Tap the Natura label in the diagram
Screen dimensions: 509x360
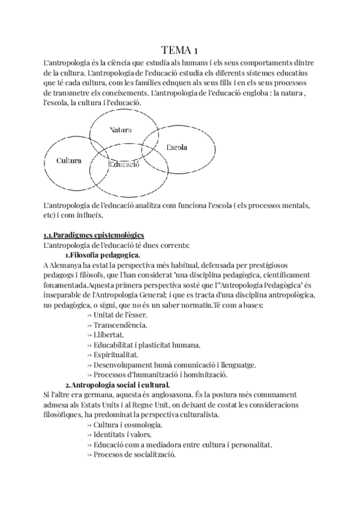point(121,130)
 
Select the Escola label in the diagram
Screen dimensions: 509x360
point(176,147)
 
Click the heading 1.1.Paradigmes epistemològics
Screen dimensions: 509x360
point(94,235)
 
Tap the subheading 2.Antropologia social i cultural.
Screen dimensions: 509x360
point(118,384)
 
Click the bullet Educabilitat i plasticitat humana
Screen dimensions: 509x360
point(147,345)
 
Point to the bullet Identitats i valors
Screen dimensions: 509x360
point(122,434)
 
